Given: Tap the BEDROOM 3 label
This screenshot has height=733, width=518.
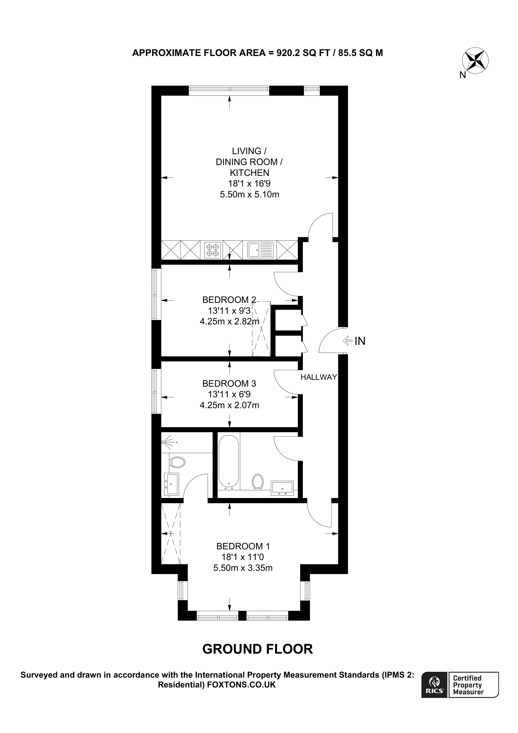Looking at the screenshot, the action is pyautogui.click(x=229, y=383).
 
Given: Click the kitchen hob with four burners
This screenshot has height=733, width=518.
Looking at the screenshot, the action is pyautogui.click(x=213, y=250).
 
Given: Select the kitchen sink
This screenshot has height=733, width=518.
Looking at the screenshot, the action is pyautogui.click(x=260, y=250).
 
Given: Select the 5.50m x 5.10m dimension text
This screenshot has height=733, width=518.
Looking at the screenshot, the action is pyautogui.click(x=250, y=194).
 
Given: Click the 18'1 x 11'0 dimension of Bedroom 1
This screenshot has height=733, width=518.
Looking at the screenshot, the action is pyautogui.click(x=243, y=557).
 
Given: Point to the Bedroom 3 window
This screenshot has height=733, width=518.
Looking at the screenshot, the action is pyautogui.click(x=155, y=391).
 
